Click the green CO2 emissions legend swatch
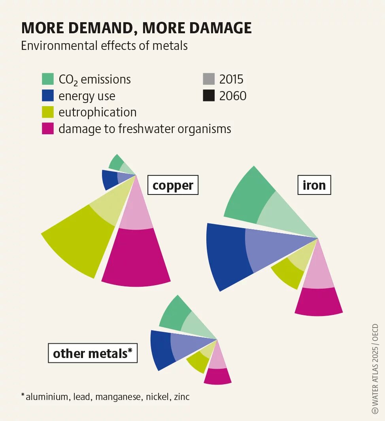47,79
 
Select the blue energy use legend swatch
47,96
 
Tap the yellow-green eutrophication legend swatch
47,112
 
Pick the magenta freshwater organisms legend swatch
47,129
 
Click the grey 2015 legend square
208,79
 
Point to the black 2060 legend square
208,96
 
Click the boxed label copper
173,185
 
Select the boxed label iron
314,185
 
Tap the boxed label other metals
92,353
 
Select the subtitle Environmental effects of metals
104,46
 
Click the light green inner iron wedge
283,214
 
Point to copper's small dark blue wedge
108,179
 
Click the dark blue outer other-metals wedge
161,349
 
